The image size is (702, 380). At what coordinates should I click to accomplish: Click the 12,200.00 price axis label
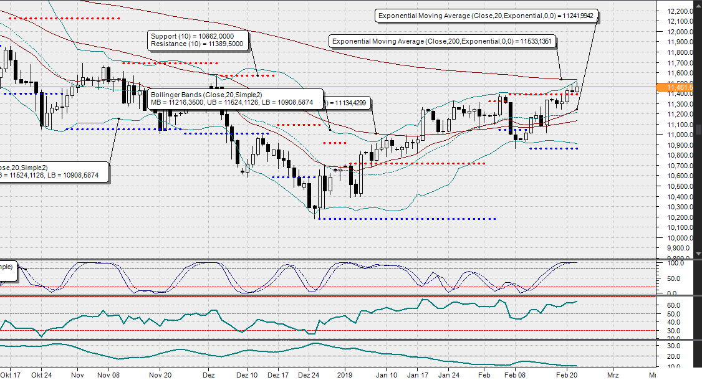(x=679, y=11)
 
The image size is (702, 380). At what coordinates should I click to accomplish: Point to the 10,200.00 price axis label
(x=679, y=217)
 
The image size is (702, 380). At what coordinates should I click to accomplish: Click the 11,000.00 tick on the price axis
(x=679, y=135)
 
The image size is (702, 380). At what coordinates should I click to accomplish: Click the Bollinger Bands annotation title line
(x=206, y=94)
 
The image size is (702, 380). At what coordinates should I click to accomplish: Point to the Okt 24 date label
(x=41, y=376)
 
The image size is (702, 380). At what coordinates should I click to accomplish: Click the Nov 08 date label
(x=108, y=376)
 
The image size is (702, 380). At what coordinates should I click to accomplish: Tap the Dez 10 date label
(x=248, y=376)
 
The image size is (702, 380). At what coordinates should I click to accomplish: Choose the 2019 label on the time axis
(x=345, y=376)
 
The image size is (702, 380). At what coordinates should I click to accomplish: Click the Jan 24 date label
(x=449, y=376)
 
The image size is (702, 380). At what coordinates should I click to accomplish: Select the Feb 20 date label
(x=565, y=376)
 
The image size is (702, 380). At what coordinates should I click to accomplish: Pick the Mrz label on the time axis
(x=613, y=376)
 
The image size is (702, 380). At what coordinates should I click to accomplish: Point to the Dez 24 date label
(x=309, y=376)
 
